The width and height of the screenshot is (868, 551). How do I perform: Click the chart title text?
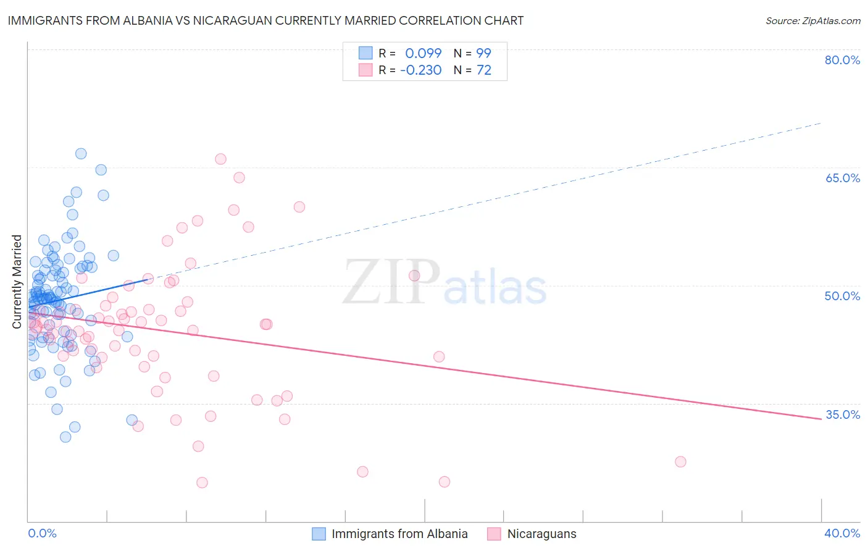265,20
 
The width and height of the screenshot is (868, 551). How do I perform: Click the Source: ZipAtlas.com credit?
812,21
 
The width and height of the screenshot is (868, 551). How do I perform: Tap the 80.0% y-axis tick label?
842,60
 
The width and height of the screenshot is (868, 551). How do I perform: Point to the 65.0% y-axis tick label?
842,178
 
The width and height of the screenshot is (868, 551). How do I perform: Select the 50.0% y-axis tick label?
842,296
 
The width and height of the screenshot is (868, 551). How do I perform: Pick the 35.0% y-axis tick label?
842,414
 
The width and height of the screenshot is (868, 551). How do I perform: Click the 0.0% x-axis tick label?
42,533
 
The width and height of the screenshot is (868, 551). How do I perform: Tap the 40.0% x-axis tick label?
842,533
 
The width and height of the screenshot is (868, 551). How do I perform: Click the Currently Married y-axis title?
17,282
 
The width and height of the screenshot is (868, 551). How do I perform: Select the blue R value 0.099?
423,53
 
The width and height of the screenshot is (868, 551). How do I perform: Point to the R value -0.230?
420,70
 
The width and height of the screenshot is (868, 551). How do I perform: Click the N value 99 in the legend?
483,53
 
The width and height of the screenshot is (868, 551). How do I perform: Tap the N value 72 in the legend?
483,70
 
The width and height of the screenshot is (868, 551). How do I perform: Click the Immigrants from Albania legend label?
399,534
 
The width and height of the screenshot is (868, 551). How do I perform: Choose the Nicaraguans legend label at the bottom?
541,534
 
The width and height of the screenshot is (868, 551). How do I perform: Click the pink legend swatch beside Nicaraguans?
494,534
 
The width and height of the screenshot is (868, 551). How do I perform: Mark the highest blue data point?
81,154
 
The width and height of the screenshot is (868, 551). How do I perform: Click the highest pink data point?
220,159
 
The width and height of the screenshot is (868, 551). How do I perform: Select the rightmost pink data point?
680,461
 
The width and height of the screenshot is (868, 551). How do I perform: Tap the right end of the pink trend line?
820,419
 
